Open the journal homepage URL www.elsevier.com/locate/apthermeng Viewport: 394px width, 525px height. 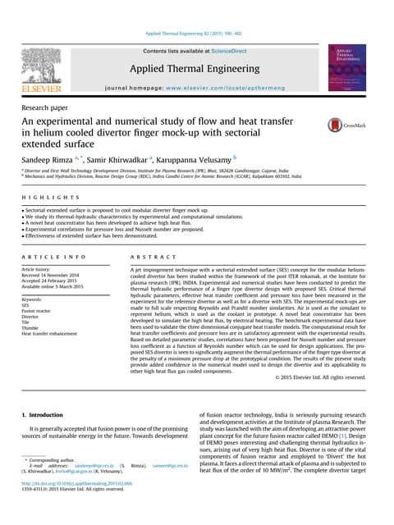coord(222,84)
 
